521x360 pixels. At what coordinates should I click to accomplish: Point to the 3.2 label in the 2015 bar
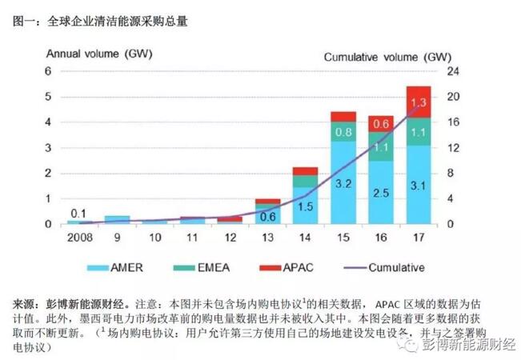point(343,182)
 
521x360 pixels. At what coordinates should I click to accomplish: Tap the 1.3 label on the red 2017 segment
point(418,102)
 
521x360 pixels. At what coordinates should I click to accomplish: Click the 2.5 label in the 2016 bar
point(380,193)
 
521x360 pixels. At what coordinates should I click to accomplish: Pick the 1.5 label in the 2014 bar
point(306,206)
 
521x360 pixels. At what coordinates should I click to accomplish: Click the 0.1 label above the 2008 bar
point(78,212)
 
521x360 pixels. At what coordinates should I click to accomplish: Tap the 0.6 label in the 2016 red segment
point(380,123)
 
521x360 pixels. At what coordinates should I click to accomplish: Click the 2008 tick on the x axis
point(78,238)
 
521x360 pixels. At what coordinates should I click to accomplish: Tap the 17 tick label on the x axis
point(418,238)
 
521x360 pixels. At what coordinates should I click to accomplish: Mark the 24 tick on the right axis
point(452,71)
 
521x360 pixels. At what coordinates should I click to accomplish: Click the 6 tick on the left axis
point(48,71)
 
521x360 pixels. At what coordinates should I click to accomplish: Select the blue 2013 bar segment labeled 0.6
point(268,216)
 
